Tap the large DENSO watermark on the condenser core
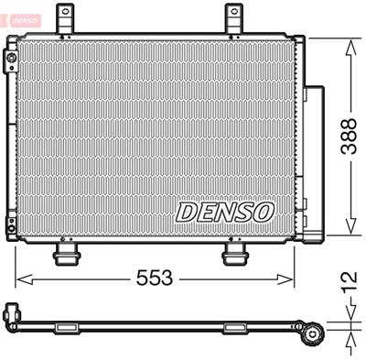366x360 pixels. pos(224,212)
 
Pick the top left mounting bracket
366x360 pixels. pos(65,17)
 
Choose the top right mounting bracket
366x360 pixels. pos(235,17)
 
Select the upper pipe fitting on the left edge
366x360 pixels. pos(11,61)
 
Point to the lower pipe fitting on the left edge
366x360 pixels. pos(11,223)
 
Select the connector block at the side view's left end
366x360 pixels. pos(12,313)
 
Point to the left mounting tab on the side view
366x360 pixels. pos(67,326)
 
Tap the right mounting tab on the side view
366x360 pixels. pos(236,326)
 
